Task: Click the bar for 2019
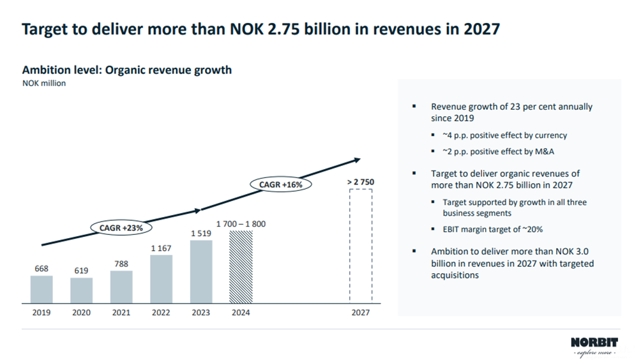tap(41, 289)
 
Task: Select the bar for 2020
tap(81, 290)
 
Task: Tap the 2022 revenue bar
tap(161, 279)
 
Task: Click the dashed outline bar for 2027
tap(361, 246)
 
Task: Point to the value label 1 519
tap(200, 234)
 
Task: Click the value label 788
tap(121, 263)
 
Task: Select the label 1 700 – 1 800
tap(241, 224)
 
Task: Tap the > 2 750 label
tap(361, 182)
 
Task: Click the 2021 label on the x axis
tap(121, 313)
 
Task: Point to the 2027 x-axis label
tap(361, 313)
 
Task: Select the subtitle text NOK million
tap(44, 83)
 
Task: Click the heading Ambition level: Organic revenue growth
tap(126, 70)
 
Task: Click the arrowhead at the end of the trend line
tap(358, 160)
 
